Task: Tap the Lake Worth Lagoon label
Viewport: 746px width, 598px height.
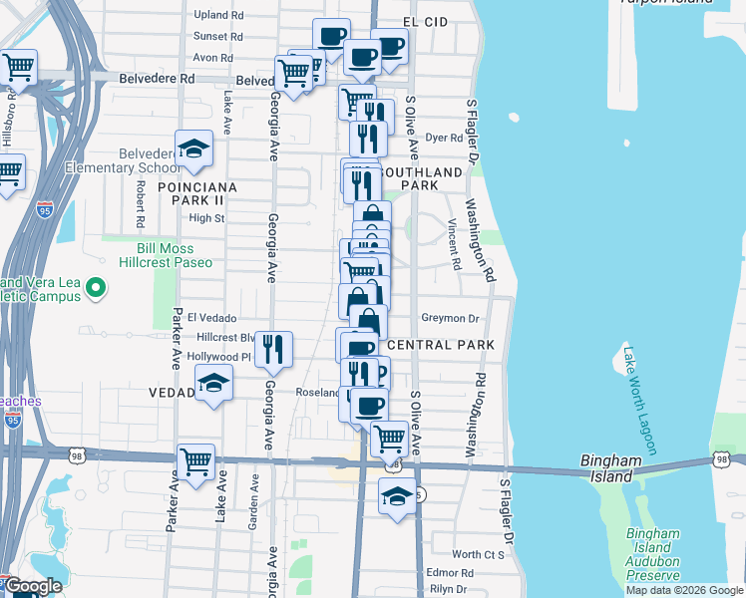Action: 638,400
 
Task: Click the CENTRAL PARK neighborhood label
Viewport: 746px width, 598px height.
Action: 441,345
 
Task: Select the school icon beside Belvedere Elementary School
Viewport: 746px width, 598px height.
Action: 193,149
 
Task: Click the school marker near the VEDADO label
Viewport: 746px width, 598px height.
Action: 212,384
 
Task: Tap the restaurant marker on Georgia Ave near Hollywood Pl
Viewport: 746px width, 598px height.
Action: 272,349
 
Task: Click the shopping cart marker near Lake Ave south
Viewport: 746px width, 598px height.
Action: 196,460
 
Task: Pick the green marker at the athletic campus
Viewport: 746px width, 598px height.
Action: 96,289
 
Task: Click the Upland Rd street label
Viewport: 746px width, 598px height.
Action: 218,15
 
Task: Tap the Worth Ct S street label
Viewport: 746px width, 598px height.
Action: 478,554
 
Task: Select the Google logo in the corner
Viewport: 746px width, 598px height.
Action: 32,587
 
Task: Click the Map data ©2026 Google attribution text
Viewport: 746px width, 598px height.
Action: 683,590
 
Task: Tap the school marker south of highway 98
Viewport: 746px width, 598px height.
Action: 397,496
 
